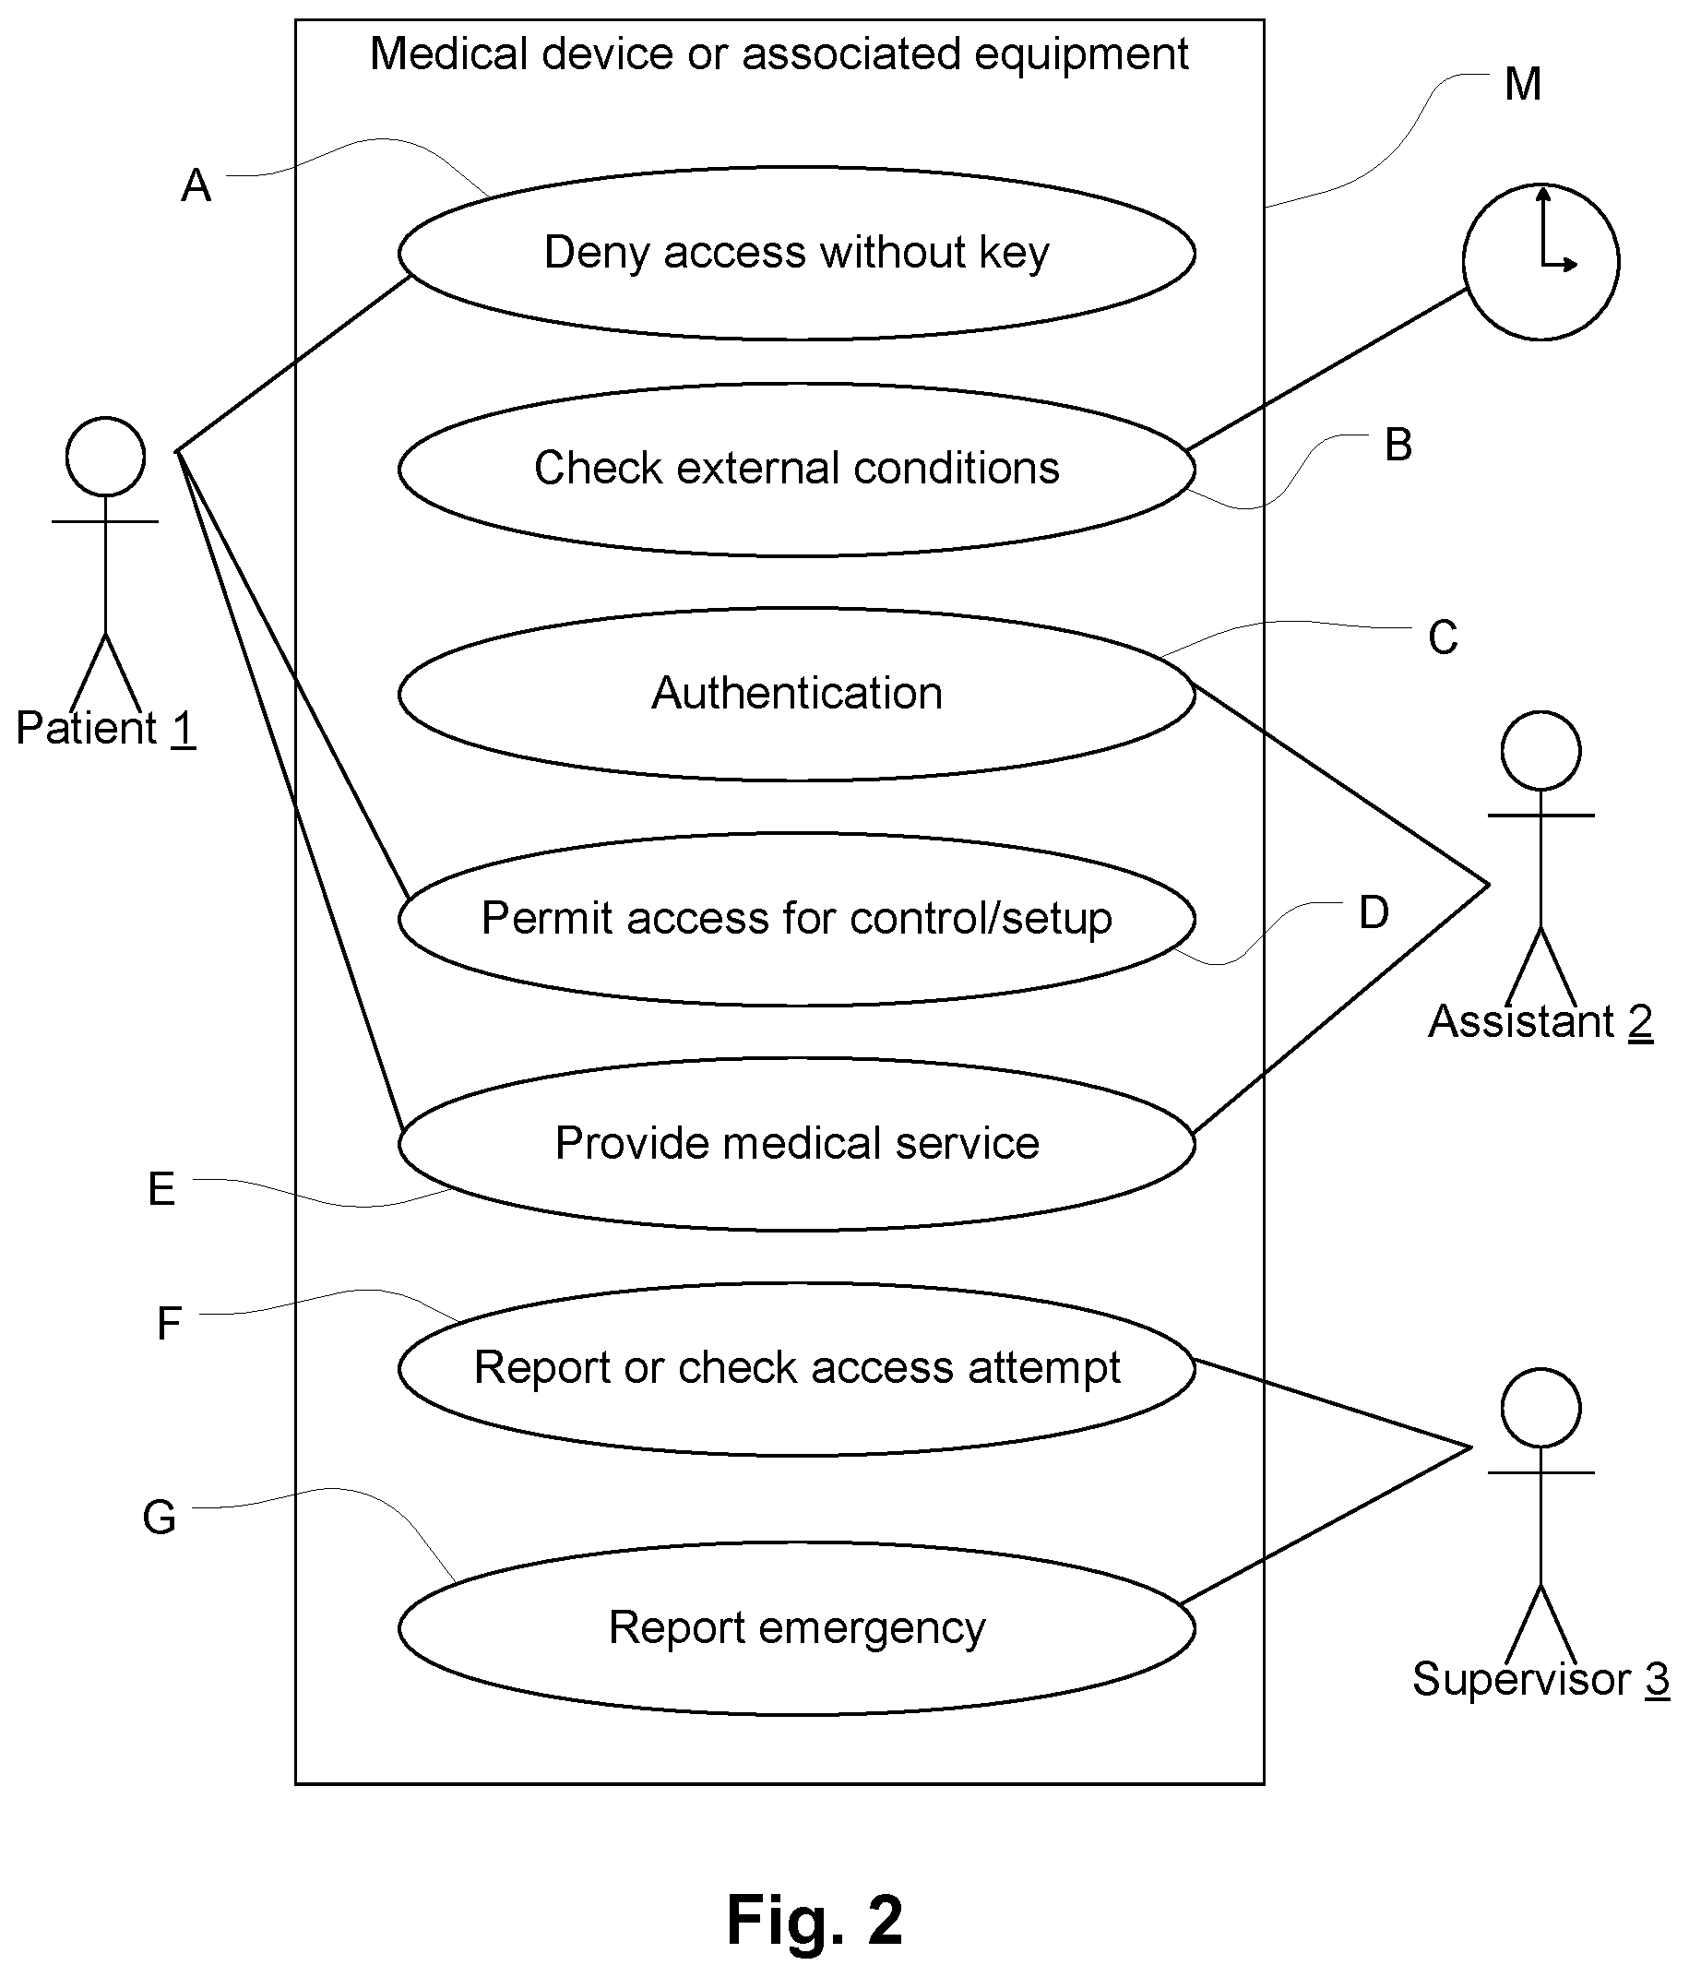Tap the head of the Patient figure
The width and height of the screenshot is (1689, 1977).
106,456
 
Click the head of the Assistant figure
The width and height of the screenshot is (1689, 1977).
1541,751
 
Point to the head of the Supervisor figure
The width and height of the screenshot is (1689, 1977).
1541,1409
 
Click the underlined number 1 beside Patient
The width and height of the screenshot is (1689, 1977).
184,729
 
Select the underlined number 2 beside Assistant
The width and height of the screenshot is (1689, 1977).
1640,1022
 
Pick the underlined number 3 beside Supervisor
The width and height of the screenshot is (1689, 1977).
1658,1679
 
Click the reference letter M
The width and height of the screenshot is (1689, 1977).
1523,84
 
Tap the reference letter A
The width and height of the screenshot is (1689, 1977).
196,185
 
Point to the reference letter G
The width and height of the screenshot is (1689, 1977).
160,1517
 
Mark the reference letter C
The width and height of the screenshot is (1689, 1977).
1443,637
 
